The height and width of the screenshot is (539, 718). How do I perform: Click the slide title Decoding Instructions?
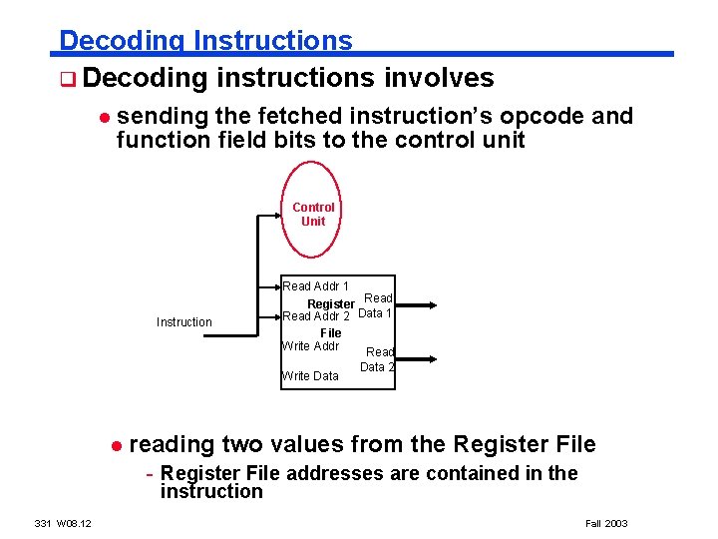coord(205,41)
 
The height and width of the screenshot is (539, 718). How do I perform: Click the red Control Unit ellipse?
coord(312,215)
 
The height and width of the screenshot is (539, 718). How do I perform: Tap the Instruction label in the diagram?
coord(184,322)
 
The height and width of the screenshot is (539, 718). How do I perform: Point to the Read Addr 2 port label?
coord(316,316)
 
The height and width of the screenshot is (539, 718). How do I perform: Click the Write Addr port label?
coord(311,346)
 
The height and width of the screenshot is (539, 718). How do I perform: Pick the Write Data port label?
coord(311,376)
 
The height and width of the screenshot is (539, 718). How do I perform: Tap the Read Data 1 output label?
coord(376,306)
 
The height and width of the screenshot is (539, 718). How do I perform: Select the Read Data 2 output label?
coord(378,359)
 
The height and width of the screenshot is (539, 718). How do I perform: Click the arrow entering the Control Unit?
coord(278,215)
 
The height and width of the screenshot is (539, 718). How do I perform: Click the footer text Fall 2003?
coord(606,523)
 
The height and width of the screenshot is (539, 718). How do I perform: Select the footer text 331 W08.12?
coord(63,523)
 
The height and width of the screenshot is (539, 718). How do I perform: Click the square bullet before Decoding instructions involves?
coord(66,79)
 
